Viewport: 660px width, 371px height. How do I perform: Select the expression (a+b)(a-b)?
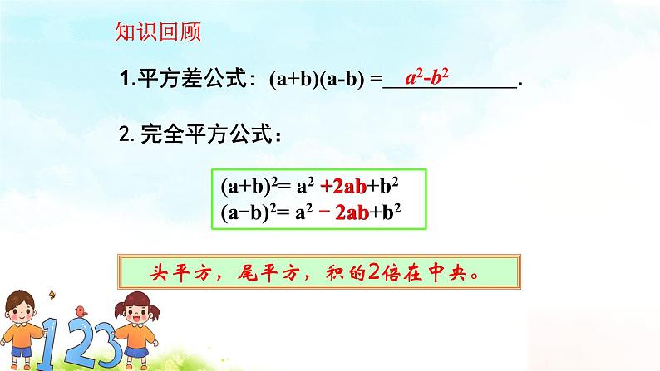coord(319,81)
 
